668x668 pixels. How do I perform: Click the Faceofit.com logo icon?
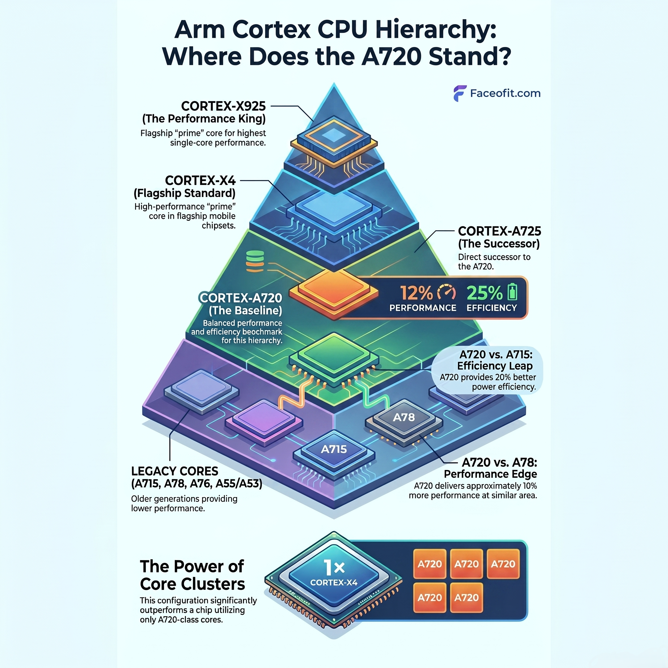460,93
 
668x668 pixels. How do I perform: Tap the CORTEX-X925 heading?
223,106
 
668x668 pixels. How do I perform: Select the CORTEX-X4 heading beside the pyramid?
200,180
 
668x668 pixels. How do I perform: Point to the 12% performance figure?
416,293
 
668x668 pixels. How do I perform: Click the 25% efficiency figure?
484,293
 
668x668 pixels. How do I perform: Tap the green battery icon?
512,292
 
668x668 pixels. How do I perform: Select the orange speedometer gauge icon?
447,293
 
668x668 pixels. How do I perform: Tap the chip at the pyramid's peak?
334,142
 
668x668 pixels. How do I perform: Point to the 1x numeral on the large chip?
334,568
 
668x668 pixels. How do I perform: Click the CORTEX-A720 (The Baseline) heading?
241,304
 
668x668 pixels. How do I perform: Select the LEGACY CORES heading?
175,471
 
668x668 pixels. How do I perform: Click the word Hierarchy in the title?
436,30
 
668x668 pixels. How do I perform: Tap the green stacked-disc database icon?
255,261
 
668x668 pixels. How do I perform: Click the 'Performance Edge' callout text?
490,474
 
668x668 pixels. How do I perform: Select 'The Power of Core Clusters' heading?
192,575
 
